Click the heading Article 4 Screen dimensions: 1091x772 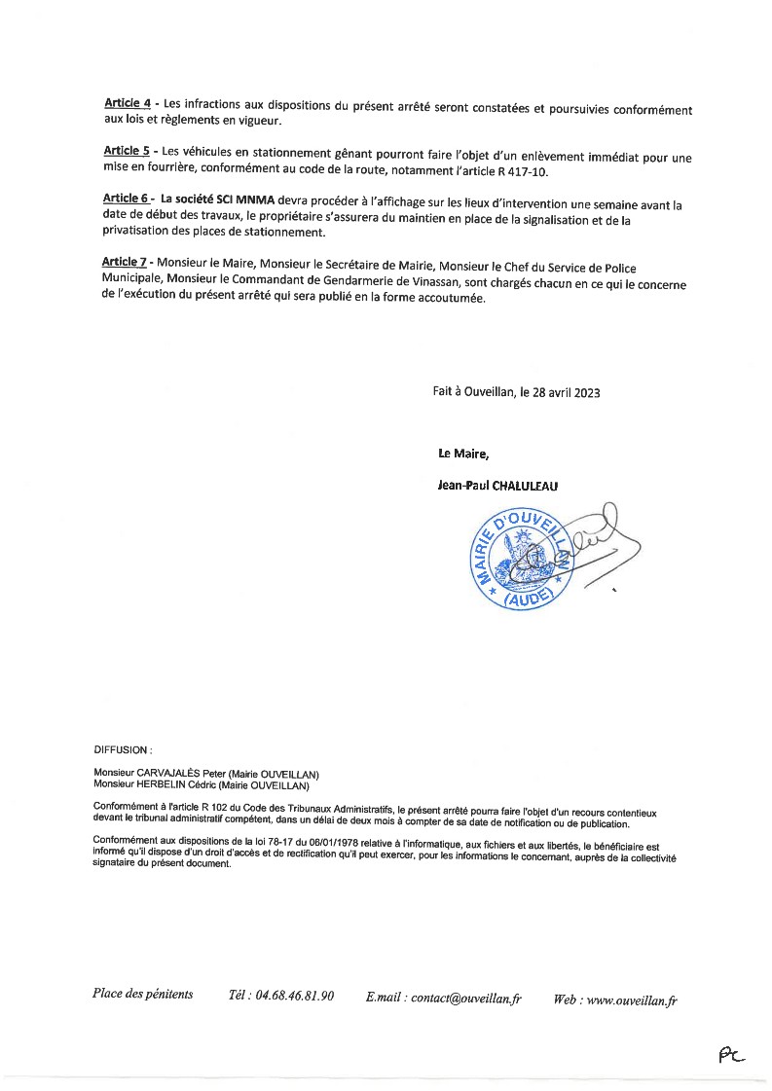point(127,102)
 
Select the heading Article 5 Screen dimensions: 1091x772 point(127,151)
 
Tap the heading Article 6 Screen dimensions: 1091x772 point(127,198)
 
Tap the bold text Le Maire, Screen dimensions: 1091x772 point(463,453)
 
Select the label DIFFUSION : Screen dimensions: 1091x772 point(123,750)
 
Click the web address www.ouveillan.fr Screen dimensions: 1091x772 point(632,1000)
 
